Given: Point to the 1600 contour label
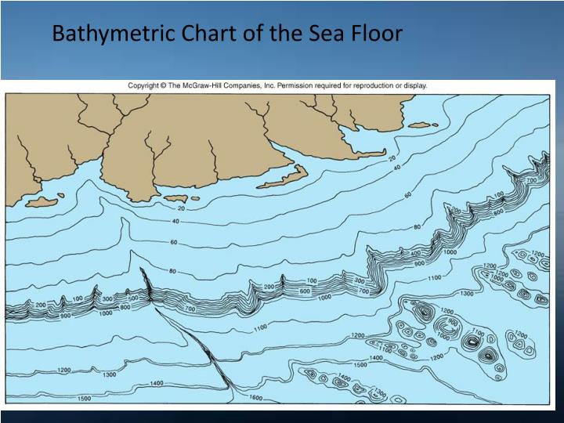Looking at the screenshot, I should [x=255, y=397].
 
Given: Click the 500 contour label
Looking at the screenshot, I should [x=132, y=298].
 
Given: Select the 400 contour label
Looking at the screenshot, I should [x=415, y=253].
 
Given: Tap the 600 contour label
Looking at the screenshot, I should [x=304, y=291].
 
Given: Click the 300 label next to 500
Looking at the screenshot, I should [x=107, y=298].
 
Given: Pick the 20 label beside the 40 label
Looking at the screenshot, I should [x=392, y=157].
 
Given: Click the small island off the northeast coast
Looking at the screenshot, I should [x=423, y=124].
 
